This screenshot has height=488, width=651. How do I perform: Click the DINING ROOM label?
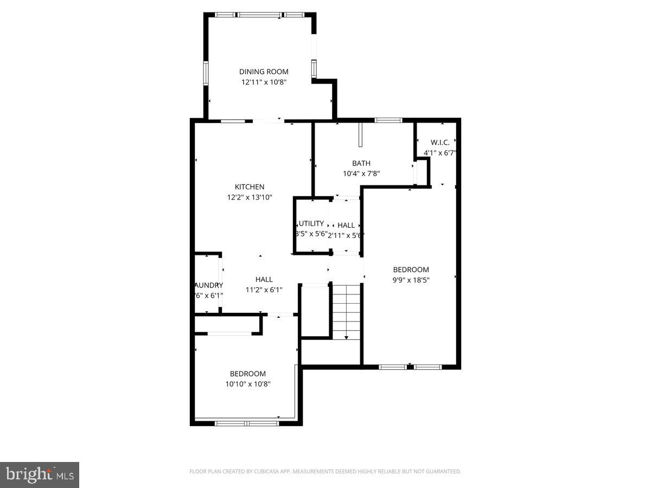pos(264,72)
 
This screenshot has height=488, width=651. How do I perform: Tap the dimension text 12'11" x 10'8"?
pos(264,82)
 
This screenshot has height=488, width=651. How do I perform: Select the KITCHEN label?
pos(250,187)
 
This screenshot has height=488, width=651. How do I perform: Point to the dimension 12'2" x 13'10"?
pos(250,197)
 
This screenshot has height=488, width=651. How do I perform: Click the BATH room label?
pos(361,163)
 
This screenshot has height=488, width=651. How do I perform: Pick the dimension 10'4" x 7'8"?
pos(361,174)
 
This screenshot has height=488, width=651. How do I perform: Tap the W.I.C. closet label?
pos(440,142)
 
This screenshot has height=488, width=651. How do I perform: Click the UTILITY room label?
pos(311,223)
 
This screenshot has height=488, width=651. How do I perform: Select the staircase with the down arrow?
pos(346,311)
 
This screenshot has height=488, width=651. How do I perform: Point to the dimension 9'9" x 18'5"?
pos(411,280)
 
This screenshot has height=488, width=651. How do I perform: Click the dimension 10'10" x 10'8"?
pos(248,384)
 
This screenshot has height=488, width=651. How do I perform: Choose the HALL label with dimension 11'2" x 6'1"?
pos(264,279)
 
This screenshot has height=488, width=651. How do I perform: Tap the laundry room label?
pos(208,285)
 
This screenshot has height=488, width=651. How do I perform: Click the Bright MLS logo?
pos(40,474)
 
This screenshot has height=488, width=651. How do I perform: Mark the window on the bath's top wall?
pos(388,120)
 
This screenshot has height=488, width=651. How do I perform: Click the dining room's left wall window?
pos(206,73)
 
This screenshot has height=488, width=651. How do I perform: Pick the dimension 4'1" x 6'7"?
pos(440,153)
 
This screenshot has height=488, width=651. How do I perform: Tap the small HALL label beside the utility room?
pos(346,225)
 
